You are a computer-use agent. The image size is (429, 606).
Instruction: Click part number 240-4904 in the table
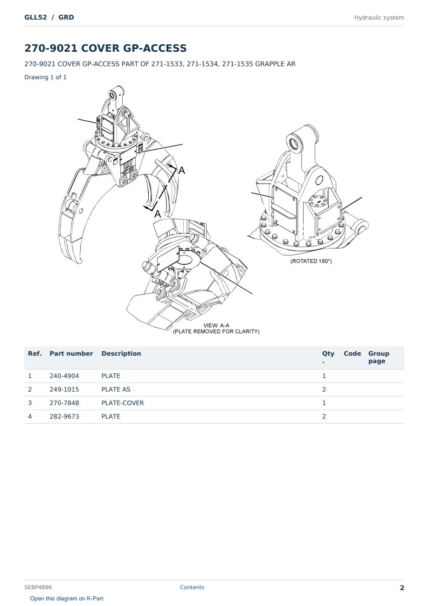[x=64, y=376]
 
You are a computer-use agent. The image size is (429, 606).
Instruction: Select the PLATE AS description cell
[x=116, y=389]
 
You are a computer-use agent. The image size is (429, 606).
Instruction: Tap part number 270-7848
[x=64, y=403]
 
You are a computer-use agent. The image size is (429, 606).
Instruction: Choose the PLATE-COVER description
[x=123, y=403]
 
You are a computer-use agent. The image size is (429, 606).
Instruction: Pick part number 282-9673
[x=64, y=416]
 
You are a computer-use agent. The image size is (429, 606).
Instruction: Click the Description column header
[x=121, y=354]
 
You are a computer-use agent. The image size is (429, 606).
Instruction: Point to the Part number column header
[x=71, y=354]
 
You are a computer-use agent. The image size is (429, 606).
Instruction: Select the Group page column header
[x=379, y=357]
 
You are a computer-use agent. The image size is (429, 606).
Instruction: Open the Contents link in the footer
[x=192, y=587]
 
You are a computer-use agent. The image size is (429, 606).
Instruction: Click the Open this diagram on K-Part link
[x=67, y=599]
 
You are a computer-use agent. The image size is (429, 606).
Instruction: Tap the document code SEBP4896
[x=38, y=587]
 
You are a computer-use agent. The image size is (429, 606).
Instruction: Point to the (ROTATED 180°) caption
[x=311, y=261]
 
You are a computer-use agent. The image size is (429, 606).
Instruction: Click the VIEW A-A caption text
[x=216, y=325]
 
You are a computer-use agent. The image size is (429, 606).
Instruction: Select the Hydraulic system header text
[x=379, y=18]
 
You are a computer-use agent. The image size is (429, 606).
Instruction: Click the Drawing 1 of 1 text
[x=46, y=77]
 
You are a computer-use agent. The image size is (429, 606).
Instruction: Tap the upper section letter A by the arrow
[x=182, y=171]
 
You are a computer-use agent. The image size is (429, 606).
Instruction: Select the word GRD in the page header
[x=66, y=17]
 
